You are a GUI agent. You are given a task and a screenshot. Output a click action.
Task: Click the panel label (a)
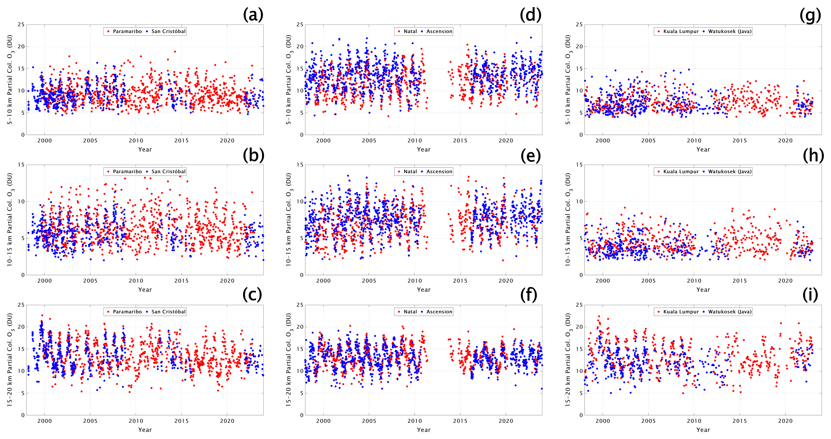point(253,15)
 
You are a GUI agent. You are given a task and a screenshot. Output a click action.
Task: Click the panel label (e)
point(530,156)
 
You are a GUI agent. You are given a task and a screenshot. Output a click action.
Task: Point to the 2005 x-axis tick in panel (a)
point(90,141)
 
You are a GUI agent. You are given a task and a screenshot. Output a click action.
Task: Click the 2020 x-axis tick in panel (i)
point(785,421)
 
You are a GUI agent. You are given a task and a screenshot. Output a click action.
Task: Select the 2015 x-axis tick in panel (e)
point(460,281)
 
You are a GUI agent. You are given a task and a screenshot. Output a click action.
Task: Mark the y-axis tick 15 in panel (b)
point(21,165)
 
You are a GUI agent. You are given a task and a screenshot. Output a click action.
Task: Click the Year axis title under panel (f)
point(424,430)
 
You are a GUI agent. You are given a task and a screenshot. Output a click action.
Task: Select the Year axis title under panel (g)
point(703,150)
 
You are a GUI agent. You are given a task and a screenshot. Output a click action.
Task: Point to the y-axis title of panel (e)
point(289,220)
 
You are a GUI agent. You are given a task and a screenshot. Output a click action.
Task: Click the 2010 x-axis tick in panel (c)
point(136,421)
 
